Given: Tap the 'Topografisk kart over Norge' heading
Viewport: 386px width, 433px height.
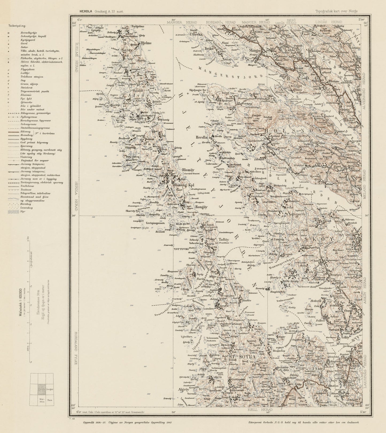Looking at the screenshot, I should click(336, 11).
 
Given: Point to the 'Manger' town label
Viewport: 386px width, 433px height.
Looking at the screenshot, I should click(255, 50).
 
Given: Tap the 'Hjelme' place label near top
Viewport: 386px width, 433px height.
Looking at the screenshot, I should click(146, 43).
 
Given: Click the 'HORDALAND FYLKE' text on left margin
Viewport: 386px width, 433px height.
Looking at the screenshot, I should click(76, 348).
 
